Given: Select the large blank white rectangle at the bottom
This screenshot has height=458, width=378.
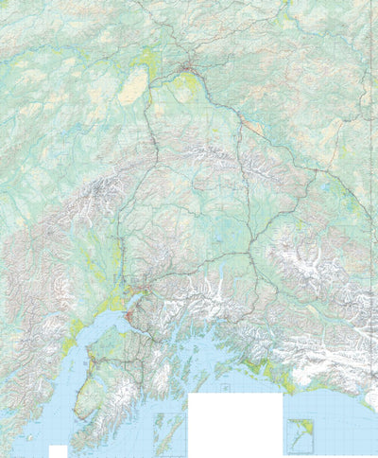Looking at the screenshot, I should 235,424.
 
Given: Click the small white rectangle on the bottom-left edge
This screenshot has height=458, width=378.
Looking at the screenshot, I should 58,450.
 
